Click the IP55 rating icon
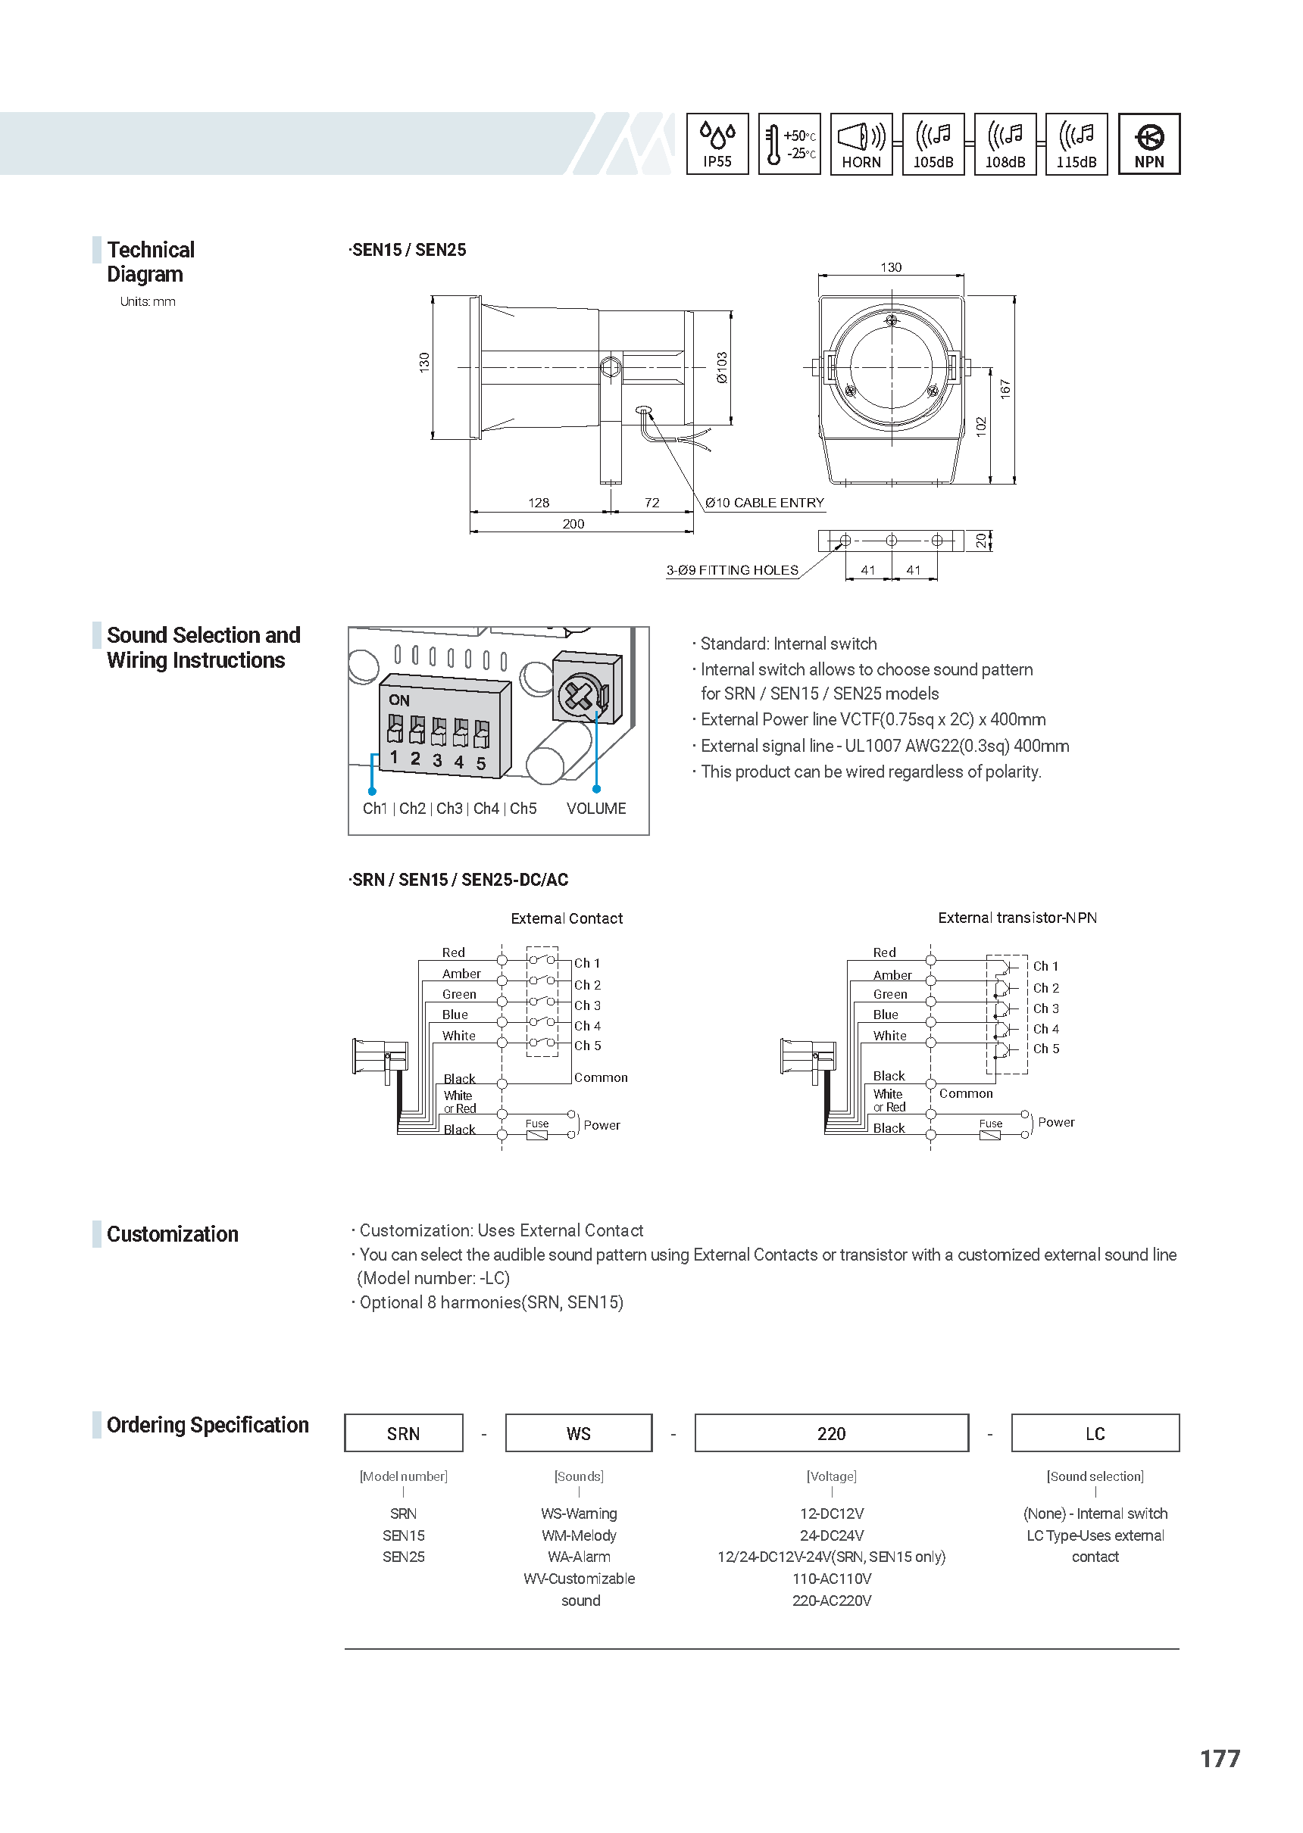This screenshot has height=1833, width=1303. pyautogui.click(x=717, y=145)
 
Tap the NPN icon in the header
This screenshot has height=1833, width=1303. pyautogui.click(x=1149, y=145)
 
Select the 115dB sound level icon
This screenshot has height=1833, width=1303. pyautogui.click(x=1076, y=145)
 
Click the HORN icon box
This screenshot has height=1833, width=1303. pyautogui.click(x=861, y=145)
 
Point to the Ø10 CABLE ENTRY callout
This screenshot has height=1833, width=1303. pyautogui.click(x=764, y=503)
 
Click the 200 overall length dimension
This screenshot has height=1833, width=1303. pyautogui.click(x=573, y=524)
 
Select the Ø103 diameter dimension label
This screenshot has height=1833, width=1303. pyautogui.click(x=722, y=367)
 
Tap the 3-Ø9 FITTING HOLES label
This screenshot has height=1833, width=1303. pyautogui.click(x=732, y=570)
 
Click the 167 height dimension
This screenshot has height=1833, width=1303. pyautogui.click(x=1005, y=390)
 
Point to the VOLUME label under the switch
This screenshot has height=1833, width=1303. pyautogui.click(x=596, y=809)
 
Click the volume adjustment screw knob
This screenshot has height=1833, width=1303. pyautogui.click(x=580, y=695)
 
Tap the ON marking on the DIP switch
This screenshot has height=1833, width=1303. pyautogui.click(x=398, y=700)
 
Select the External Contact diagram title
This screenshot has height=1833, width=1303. pyautogui.click(x=567, y=918)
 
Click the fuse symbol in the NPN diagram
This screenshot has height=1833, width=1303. pyautogui.click(x=990, y=1134)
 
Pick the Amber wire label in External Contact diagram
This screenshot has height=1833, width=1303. pyautogui.click(x=461, y=974)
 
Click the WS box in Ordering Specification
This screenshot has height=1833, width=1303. pyautogui.click(x=579, y=1433)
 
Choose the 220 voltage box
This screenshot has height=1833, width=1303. pyautogui.click(x=831, y=1433)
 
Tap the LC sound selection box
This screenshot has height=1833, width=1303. pyautogui.click(x=1095, y=1433)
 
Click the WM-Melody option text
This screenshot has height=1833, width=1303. pyautogui.click(x=579, y=1535)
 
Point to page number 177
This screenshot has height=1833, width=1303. pyautogui.click(x=1220, y=1759)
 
